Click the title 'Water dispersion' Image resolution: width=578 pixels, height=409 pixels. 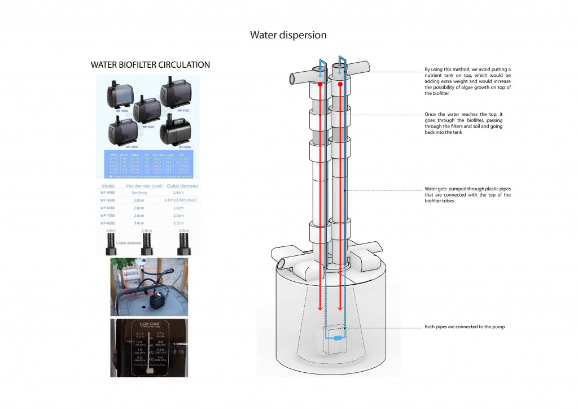coord(288,35)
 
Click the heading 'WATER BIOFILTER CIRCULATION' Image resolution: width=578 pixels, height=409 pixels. coord(150,65)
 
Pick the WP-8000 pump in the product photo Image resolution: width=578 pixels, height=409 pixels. coord(175,130)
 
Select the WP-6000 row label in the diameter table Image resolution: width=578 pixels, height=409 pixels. coord(111,208)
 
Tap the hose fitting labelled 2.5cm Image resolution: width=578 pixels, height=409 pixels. coord(183,243)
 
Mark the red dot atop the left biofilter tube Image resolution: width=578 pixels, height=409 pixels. coord(320,84)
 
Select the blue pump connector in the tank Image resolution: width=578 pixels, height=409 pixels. coord(338,338)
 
